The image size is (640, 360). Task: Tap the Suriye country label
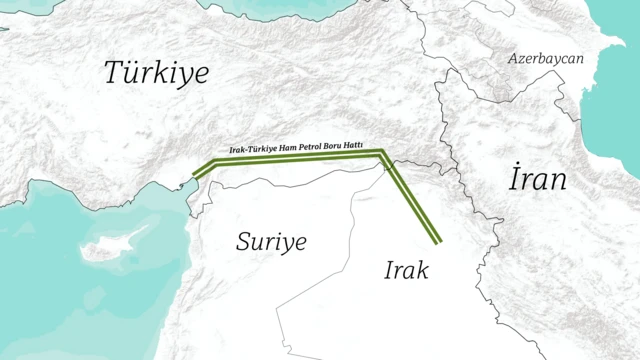point(270,241)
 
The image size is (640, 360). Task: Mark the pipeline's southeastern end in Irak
point(439,241)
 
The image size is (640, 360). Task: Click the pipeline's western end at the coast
point(194,180)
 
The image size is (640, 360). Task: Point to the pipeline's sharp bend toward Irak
point(382,154)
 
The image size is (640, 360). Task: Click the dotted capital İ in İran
point(514,179)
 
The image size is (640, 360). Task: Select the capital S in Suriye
point(244,241)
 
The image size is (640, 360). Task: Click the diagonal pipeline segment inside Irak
point(412,199)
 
